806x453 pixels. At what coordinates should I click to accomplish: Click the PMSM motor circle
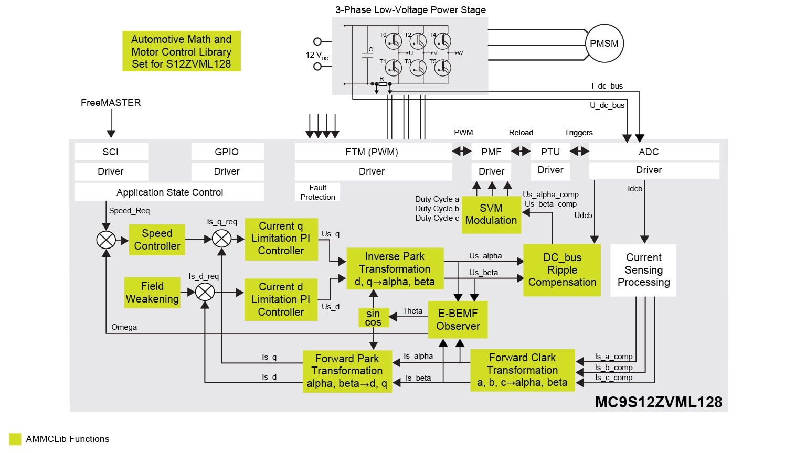(x=604, y=44)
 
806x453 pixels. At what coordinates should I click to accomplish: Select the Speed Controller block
(x=157, y=240)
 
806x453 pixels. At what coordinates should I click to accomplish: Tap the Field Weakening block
(x=152, y=293)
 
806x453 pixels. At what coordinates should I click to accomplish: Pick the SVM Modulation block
(x=491, y=214)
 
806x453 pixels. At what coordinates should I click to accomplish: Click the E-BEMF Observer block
(x=458, y=320)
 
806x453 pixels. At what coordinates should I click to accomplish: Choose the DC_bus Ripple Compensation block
(x=562, y=270)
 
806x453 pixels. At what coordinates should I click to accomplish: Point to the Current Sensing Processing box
(x=643, y=270)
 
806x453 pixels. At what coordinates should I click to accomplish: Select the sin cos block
(x=373, y=318)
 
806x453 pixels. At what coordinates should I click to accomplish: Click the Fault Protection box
(x=317, y=192)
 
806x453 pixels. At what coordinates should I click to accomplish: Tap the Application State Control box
(x=169, y=192)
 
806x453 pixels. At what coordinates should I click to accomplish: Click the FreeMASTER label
(x=111, y=103)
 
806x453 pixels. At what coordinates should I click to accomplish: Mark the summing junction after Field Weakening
(x=205, y=292)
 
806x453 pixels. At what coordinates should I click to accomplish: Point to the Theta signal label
(x=412, y=311)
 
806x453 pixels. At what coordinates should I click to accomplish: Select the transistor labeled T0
(x=393, y=41)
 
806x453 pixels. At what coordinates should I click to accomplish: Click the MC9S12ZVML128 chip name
(x=659, y=402)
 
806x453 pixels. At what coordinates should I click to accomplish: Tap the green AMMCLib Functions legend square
(x=15, y=439)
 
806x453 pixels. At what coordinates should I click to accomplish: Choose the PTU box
(x=550, y=152)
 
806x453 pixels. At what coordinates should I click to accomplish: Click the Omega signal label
(x=124, y=327)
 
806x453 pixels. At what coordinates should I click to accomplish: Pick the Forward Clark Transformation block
(x=522, y=370)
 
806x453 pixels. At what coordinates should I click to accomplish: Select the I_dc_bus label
(x=607, y=86)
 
